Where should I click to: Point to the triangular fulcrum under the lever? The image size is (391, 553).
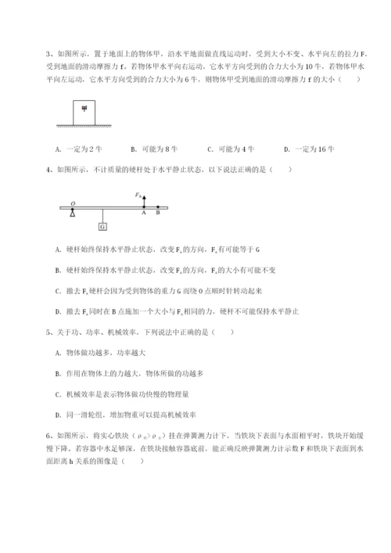(x=72, y=212)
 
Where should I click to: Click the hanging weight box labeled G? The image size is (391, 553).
(x=102, y=227)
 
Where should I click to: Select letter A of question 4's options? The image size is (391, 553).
(x=59, y=250)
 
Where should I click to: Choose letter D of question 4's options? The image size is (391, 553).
(x=59, y=311)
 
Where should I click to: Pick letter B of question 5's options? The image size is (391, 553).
(x=59, y=372)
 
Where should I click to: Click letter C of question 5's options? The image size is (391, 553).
(x=59, y=393)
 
